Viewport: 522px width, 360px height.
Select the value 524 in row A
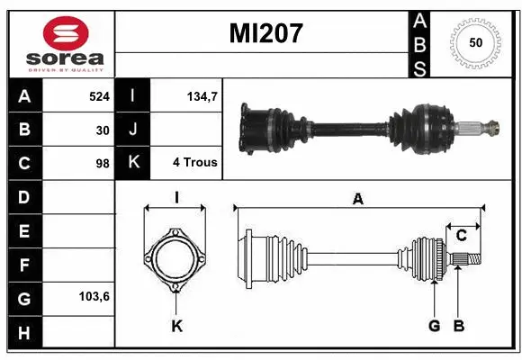[98, 95]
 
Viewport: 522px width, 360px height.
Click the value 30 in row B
[103, 130]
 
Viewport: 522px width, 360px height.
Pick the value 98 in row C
[103, 164]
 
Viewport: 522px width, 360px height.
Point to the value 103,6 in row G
[94, 296]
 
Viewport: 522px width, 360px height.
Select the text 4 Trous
[194, 163]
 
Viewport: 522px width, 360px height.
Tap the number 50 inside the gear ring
[474, 42]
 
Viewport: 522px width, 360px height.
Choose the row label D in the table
[24, 196]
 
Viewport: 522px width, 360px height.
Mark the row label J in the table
[133, 130]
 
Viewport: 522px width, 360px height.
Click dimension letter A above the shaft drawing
[357, 199]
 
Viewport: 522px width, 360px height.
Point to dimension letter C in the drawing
[461, 237]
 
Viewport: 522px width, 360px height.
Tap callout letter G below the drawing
[434, 326]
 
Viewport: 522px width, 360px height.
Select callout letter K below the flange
[176, 326]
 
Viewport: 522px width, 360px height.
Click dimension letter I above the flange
[176, 198]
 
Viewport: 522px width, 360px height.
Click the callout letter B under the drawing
[458, 326]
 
